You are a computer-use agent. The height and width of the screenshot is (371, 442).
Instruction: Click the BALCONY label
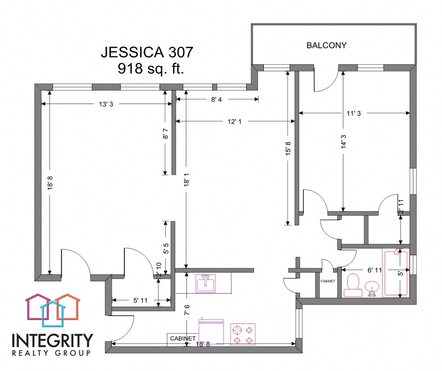(326, 45)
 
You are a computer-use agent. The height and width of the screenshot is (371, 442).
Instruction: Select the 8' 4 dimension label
(217, 100)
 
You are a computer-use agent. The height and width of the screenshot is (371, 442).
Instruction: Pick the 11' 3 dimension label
(354, 113)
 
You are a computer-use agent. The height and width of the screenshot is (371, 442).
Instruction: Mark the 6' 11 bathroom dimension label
(374, 270)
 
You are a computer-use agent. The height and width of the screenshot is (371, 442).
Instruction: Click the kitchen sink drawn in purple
(205, 283)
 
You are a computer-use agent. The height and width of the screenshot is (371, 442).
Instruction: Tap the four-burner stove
(243, 334)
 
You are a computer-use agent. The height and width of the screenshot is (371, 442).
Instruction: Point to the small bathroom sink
(372, 288)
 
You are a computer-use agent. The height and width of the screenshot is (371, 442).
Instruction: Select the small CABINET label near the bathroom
(328, 281)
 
